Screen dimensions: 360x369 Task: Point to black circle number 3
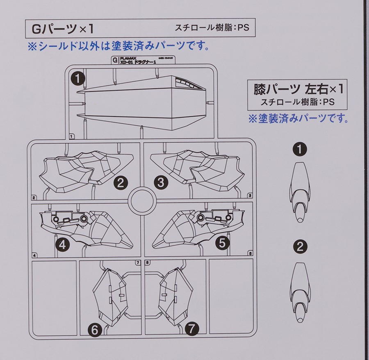click(160, 182)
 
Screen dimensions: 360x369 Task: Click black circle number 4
click(62, 245)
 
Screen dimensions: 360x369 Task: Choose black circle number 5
click(222, 243)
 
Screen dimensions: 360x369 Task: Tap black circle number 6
click(95, 330)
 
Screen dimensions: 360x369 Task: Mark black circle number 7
click(191, 328)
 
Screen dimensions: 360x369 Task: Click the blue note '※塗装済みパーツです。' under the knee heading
click(298, 119)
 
